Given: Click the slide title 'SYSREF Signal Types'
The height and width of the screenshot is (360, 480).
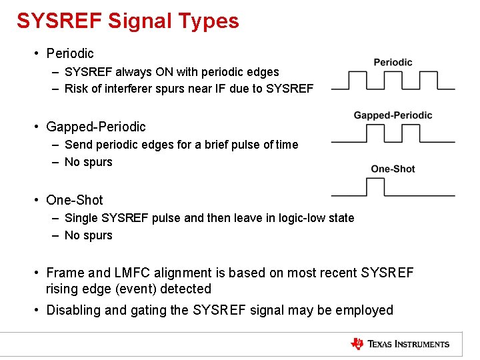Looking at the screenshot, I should (x=128, y=21).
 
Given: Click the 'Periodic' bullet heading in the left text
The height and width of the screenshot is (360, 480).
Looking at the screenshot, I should (x=69, y=53).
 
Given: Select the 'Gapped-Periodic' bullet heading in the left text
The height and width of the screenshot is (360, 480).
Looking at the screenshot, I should (x=95, y=126).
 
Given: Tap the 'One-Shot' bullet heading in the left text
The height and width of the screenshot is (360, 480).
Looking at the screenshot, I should (x=74, y=199).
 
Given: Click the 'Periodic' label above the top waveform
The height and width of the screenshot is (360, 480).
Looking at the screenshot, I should (x=393, y=62).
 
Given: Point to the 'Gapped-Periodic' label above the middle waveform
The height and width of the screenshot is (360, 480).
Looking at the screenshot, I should (x=393, y=115).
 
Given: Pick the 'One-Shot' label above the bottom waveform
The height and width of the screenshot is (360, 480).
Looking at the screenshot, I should (x=393, y=169).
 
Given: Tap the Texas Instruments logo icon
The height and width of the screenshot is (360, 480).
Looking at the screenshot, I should (x=357, y=344).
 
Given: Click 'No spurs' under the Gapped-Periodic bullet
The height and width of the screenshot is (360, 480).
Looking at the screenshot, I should (x=88, y=162).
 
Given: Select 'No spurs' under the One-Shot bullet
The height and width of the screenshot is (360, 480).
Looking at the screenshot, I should (x=88, y=235).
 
